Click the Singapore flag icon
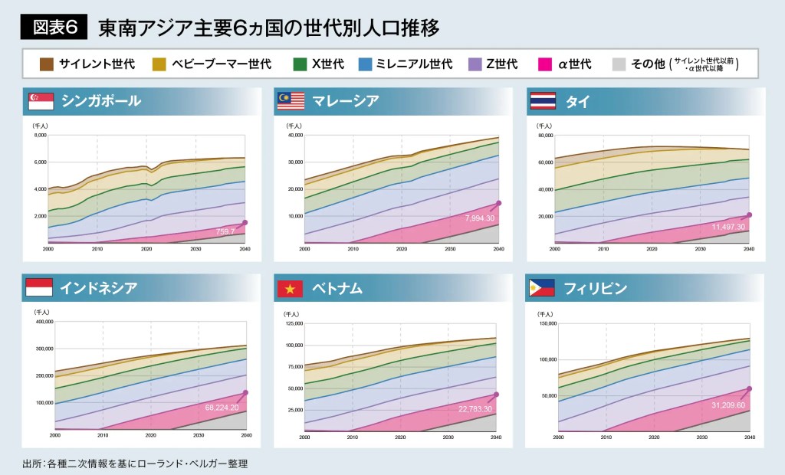tap(41, 101)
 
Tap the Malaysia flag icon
tap(291, 101)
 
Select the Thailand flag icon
tap(543, 101)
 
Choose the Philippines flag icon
tap(543, 288)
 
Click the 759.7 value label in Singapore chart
tap(225, 230)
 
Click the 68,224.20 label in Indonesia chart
tap(222, 408)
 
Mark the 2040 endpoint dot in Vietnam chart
tap(498, 395)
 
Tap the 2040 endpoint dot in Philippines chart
tap(749, 388)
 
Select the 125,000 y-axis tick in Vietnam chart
tap(294, 323)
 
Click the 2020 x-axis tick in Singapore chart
tap(146, 249)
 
